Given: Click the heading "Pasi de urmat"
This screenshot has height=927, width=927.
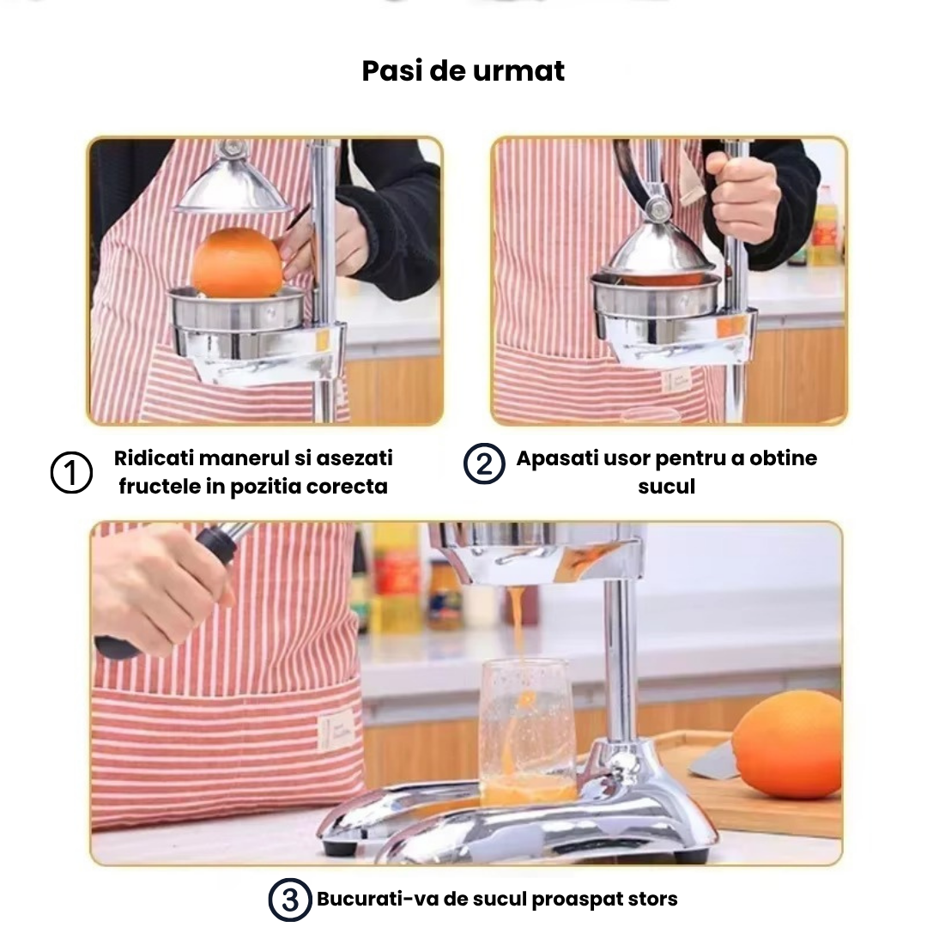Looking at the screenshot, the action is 463,71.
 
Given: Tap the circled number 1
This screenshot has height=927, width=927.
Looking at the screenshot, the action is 71,472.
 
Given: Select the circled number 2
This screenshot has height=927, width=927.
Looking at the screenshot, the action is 484,463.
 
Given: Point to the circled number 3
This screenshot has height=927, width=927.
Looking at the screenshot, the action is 290,900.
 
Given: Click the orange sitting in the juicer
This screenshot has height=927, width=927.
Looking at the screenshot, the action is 238,262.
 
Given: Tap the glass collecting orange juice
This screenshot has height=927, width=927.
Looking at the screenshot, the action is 527,732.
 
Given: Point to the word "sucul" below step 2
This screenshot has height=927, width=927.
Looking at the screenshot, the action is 666,487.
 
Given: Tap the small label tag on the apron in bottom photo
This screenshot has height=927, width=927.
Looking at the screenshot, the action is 336,731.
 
